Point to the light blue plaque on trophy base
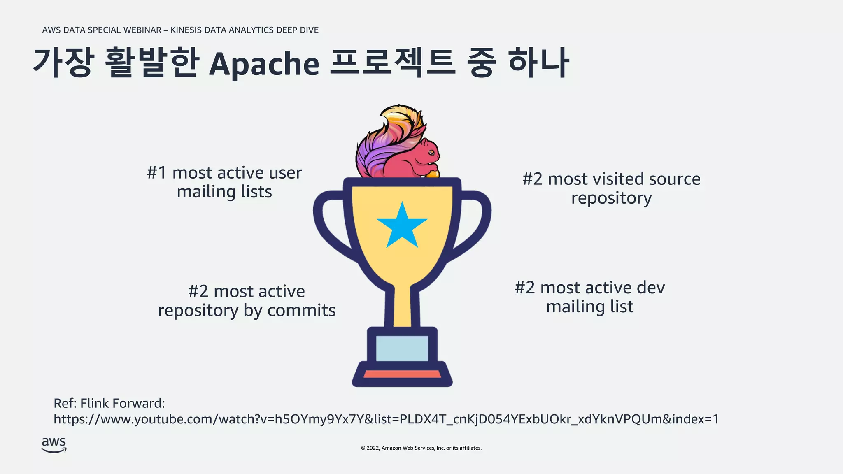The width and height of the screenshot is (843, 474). (x=402, y=348)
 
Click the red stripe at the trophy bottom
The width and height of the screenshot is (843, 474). (x=402, y=374)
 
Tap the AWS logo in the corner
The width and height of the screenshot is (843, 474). (x=54, y=445)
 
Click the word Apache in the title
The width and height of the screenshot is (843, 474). (x=264, y=64)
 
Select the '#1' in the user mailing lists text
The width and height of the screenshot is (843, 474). (x=156, y=173)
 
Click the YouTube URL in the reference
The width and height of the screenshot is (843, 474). (x=386, y=419)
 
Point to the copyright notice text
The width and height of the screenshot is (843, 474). (x=421, y=448)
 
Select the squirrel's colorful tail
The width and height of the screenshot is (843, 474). (x=387, y=136)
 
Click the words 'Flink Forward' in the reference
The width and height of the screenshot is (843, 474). (x=122, y=403)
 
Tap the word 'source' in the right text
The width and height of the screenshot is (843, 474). (x=674, y=179)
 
